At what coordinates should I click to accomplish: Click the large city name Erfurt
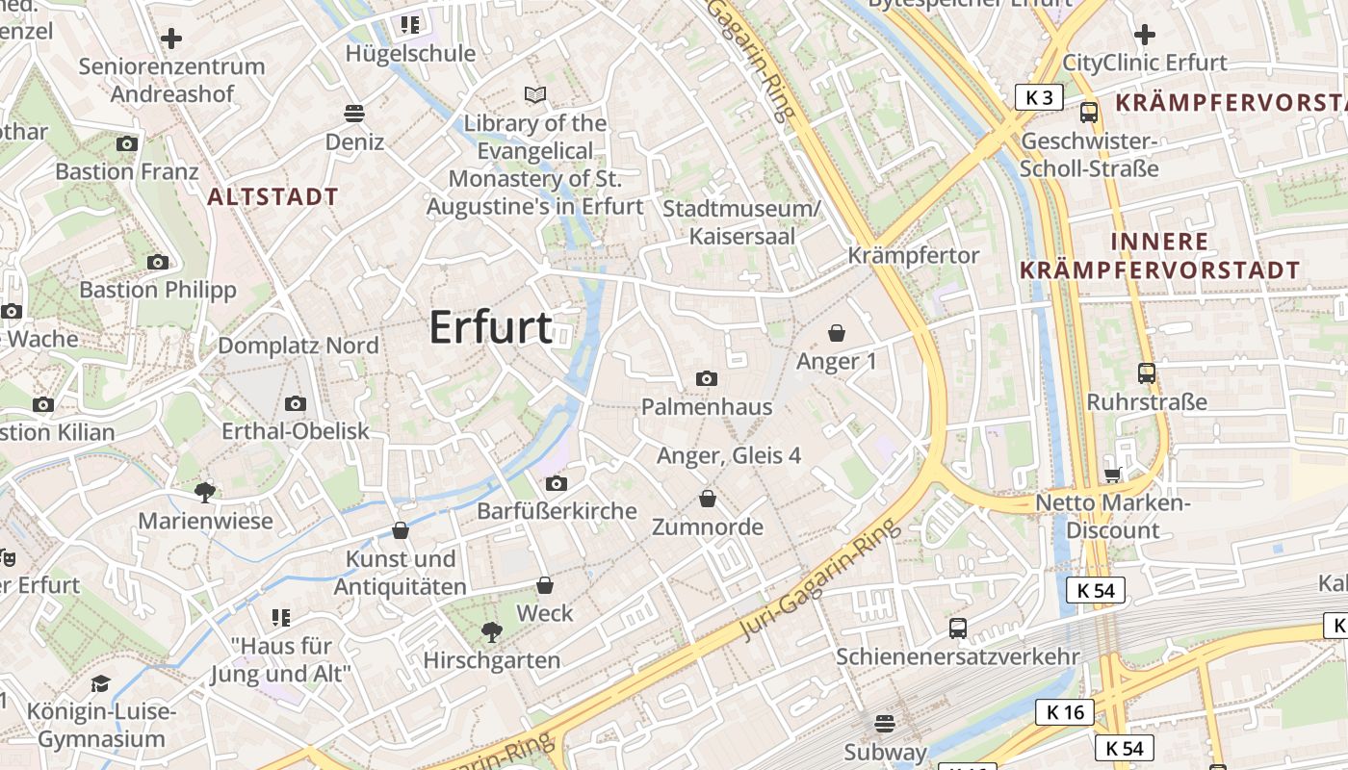click(x=490, y=327)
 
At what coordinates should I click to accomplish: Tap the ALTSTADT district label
click(x=273, y=197)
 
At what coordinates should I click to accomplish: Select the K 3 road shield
click(x=1039, y=96)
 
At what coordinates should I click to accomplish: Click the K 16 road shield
click(x=1065, y=712)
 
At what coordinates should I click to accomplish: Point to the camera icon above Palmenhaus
click(x=707, y=379)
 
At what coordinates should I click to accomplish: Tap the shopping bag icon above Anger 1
click(x=837, y=333)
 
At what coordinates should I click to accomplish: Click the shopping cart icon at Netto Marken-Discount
click(x=1113, y=475)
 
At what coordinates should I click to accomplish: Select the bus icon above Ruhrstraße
click(x=1146, y=373)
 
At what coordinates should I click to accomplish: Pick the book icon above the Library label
click(x=535, y=94)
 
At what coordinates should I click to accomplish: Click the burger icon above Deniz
click(x=354, y=114)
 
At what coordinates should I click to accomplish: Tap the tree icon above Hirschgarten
click(x=492, y=632)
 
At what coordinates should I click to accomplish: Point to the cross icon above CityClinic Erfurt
click(x=1144, y=36)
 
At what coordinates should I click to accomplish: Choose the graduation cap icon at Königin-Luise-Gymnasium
click(x=100, y=684)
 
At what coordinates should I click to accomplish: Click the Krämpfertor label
click(x=913, y=255)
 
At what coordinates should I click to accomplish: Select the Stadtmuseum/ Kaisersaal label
click(x=741, y=222)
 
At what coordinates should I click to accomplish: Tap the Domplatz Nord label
click(x=298, y=346)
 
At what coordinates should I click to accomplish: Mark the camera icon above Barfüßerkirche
click(x=556, y=483)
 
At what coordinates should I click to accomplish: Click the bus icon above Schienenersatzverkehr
click(x=958, y=629)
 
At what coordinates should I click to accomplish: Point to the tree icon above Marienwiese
click(x=204, y=493)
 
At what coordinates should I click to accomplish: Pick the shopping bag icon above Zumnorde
click(x=708, y=499)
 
